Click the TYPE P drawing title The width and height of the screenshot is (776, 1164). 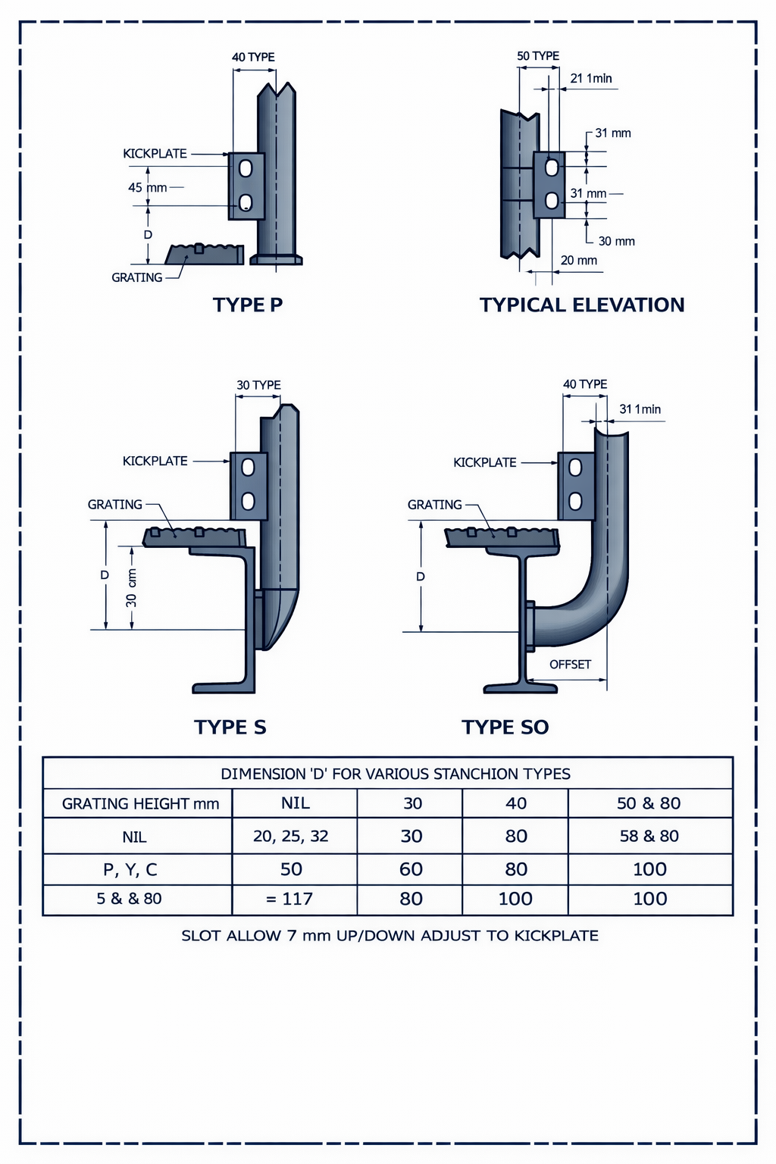coord(248,305)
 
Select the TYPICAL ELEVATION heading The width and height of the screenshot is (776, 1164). coord(581,305)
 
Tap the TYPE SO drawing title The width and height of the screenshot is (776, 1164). coord(505,727)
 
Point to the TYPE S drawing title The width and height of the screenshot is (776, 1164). coord(230,727)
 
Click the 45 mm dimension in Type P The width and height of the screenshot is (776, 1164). coord(147,187)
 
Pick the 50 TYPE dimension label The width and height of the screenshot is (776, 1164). coord(538,56)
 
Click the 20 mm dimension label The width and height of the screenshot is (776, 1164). coord(578,260)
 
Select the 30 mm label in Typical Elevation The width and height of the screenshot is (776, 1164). coord(616,241)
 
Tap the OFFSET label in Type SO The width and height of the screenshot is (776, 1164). coord(570,664)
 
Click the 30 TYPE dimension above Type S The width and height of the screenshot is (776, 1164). coord(258,385)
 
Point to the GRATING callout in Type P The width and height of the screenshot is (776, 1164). coord(136,277)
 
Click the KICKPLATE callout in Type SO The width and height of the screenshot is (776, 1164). coord(484,462)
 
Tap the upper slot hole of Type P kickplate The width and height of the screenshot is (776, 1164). coord(246,168)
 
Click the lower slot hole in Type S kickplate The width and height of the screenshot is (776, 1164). coord(247,501)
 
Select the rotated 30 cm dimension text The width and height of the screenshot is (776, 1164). coord(132,588)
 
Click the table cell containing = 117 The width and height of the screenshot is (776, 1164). coord(289,899)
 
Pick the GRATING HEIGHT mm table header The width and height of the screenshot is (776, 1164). coord(140,803)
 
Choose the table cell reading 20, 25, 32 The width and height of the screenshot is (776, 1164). coord(291,836)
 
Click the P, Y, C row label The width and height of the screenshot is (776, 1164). coord(130,869)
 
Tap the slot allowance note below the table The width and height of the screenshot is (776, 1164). coord(390,935)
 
